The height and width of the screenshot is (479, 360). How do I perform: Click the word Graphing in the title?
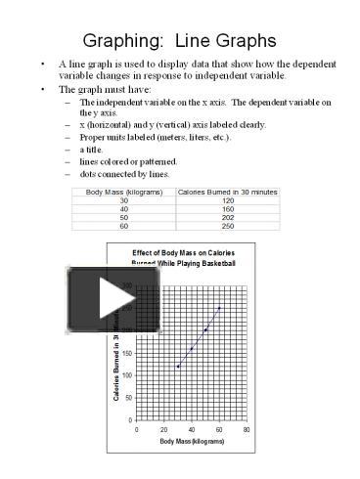point(124,41)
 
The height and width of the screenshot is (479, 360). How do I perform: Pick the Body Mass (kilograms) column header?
point(124,192)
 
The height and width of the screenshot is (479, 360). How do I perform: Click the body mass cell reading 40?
point(124,208)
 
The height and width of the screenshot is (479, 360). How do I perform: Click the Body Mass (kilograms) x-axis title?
point(193,443)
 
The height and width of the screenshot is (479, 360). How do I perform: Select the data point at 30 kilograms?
point(178,367)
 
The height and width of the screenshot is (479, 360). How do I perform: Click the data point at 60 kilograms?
point(219,308)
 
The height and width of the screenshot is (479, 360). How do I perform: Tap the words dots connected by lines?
point(124,174)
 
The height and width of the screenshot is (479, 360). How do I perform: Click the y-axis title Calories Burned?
point(117,362)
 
